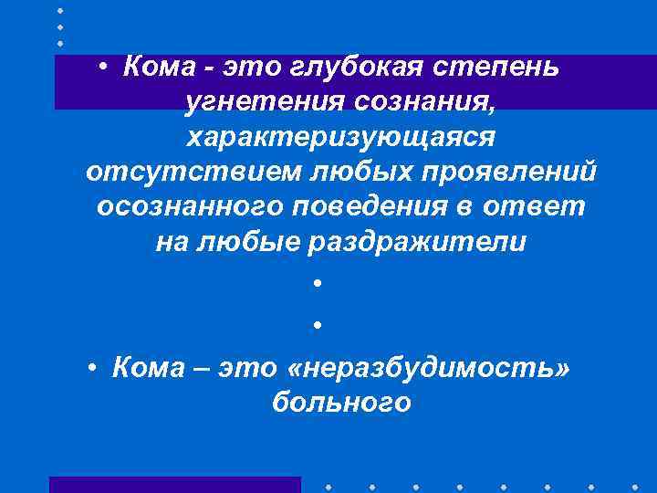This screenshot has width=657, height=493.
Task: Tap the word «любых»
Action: coord(340,173)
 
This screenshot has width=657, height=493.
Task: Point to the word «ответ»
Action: coord(538,207)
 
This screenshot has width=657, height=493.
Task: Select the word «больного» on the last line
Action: coord(341,403)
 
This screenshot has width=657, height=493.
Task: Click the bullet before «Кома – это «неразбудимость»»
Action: coord(94,369)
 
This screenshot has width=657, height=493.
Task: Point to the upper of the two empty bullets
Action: coord(316,283)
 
